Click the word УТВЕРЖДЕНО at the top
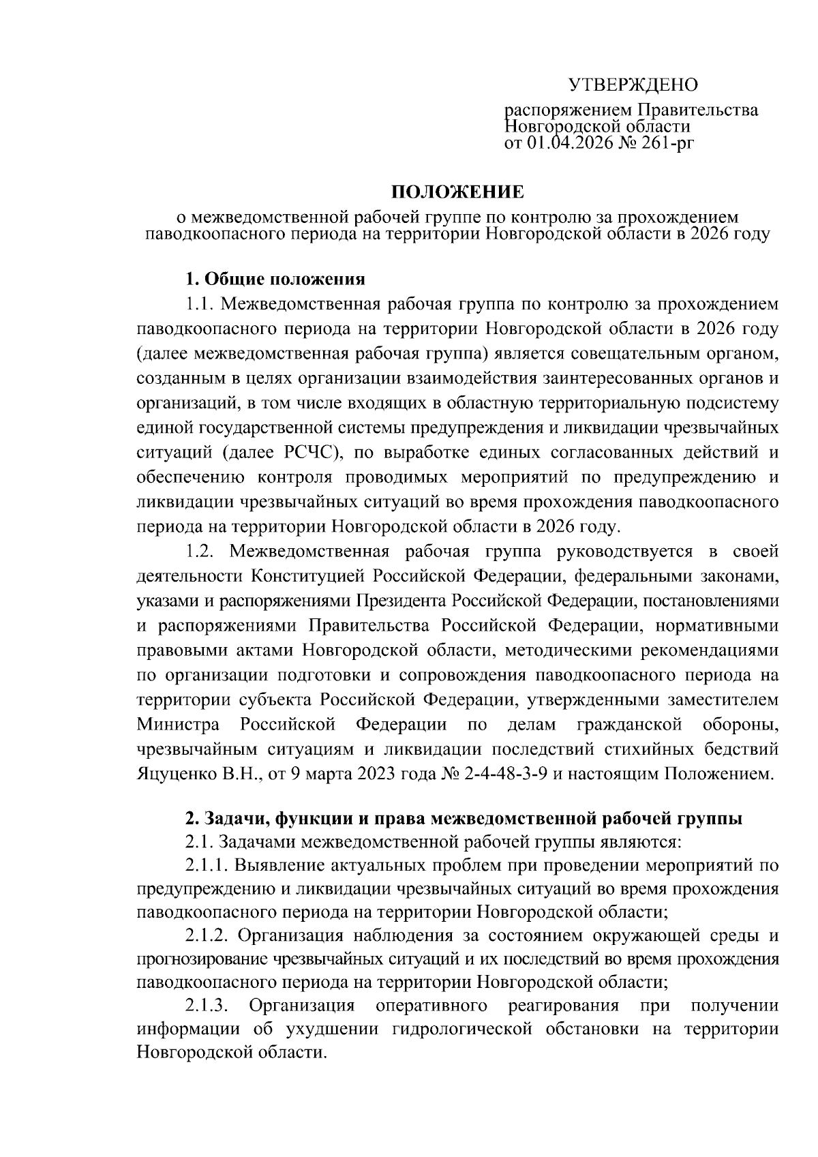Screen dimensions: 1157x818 point(634,85)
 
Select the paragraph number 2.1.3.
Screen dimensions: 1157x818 point(206,1006)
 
